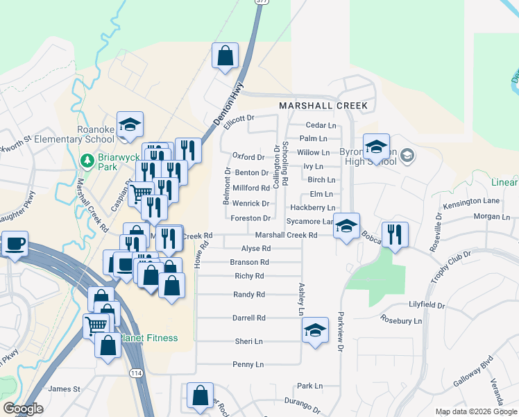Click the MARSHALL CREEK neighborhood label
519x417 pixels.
(323, 106)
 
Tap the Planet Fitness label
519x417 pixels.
(150, 338)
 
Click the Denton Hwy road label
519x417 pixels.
(228, 104)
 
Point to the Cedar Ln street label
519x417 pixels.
(321, 125)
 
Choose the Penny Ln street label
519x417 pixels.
(248, 364)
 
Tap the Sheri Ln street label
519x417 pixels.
(248, 341)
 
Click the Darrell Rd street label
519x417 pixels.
(248, 318)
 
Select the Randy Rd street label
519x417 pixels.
(249, 295)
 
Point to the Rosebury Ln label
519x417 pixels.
(401, 320)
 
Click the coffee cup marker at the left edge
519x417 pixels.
(15, 244)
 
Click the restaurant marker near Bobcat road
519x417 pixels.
(395, 234)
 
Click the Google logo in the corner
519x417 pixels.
(23, 409)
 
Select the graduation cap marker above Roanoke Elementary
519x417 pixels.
(130, 124)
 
